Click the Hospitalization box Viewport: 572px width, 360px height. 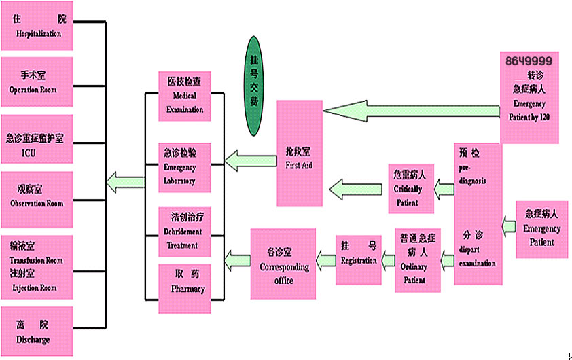pyautogui.click(x=37, y=26)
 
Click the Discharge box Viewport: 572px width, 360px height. pyautogui.click(x=37, y=331)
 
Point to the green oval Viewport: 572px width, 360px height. pyautogui.click(x=253, y=86)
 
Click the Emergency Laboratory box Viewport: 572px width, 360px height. pyautogui.click(x=185, y=166)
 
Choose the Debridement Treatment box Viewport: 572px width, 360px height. pyautogui.click(x=185, y=230)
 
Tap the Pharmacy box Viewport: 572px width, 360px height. pyautogui.click(x=185, y=288)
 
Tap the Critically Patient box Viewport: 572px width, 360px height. pyautogui.click(x=411, y=188)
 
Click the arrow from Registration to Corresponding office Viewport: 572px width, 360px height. pyautogui.click(x=325, y=257)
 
